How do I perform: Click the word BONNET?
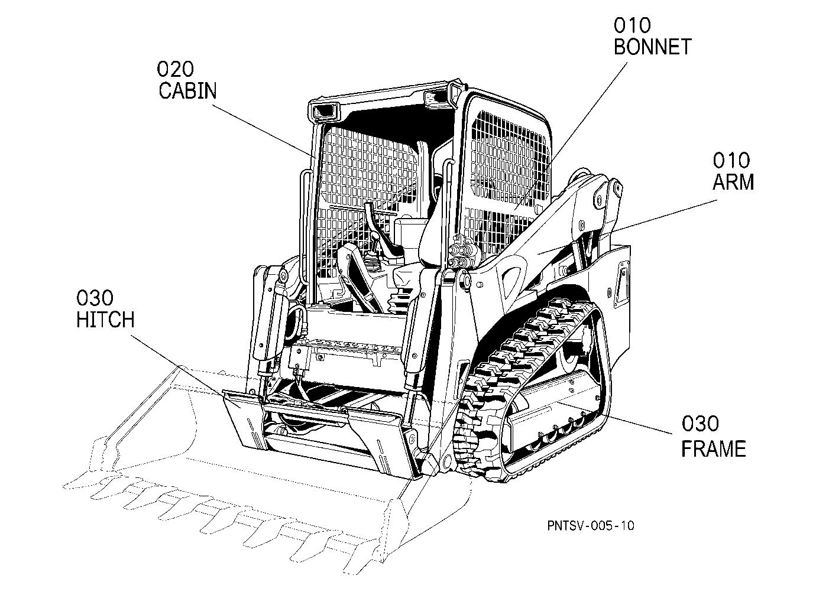pos(652,47)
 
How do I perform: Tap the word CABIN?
pos(187,90)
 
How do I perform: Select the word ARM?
pos(733,182)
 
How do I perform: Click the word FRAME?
pos(714,448)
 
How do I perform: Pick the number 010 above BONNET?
pos(632,25)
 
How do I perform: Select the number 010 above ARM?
pos(731,160)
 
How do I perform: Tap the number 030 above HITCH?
pos(95,298)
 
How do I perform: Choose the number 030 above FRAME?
pos(700,424)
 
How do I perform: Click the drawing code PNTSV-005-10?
pos(591,525)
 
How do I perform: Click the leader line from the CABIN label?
pos(264,131)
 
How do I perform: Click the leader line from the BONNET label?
pos(571,136)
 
